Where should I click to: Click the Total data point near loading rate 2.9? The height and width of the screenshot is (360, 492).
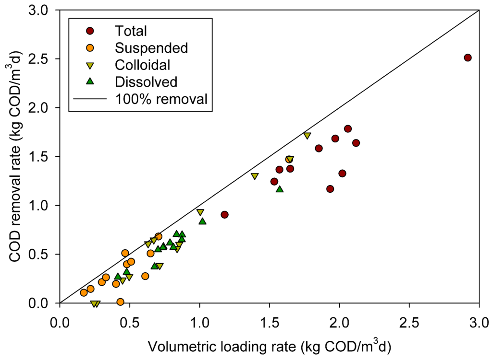coord(467,58)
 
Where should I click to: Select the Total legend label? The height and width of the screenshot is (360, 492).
coord(131,31)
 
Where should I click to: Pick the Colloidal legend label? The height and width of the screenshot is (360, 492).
coord(142,64)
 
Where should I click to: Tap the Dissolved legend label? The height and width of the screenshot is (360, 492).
coord(146,81)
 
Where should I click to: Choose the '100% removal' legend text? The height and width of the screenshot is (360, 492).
coord(161,99)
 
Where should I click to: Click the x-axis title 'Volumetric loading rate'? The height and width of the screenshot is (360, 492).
coord(270,346)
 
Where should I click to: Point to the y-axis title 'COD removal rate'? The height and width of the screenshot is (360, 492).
coord(15,156)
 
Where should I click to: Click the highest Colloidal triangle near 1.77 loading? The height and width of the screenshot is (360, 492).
coord(307,136)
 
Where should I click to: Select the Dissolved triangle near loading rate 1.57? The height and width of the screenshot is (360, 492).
coord(280,189)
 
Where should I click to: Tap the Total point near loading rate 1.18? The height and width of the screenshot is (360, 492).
coord(224,214)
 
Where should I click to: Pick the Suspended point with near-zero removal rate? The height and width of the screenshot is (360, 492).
coord(120,302)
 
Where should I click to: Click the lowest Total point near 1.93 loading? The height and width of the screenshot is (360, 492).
coord(330,189)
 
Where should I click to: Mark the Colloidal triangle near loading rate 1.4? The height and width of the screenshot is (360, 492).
coord(255,176)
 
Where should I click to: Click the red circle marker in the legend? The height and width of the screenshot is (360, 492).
coord(89,31)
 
